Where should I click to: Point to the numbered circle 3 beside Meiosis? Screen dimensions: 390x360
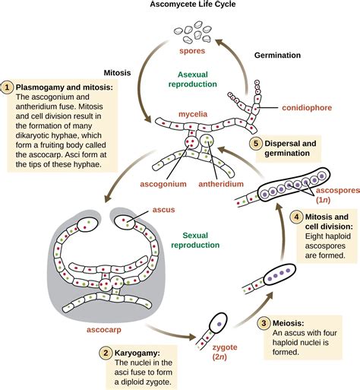click(264, 322)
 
